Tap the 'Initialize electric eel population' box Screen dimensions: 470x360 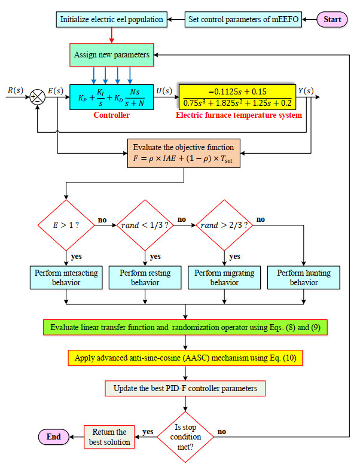111,19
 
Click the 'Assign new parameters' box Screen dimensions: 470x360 112,54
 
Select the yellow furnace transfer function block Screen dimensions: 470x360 238,95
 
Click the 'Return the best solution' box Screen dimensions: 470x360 109,437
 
